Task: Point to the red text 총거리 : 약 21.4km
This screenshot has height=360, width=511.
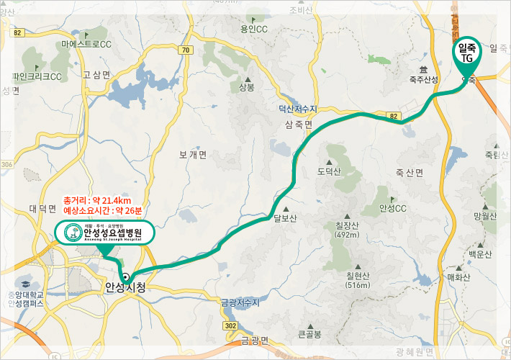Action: point(97,199)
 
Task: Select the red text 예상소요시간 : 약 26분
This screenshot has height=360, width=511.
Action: point(103,211)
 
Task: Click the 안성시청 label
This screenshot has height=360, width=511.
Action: point(125,287)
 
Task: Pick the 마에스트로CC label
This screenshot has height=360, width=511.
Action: point(86,45)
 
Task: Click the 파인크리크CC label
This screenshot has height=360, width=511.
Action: point(37,76)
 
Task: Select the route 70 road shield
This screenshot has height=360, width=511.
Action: point(186,50)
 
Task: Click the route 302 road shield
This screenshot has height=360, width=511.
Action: point(230,326)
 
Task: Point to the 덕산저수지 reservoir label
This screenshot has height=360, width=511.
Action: point(298,109)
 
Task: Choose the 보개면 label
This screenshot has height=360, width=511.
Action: point(193,155)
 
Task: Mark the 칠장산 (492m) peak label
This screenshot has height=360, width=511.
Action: point(348,229)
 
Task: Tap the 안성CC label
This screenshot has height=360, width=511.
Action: point(392,209)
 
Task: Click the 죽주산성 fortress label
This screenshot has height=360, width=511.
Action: point(423,79)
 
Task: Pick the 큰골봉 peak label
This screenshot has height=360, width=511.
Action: point(310,334)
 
